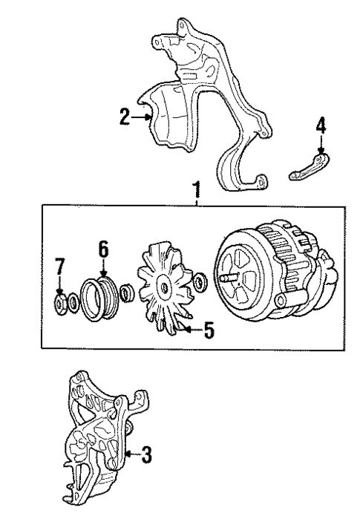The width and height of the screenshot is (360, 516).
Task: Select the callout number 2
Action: click(124, 115)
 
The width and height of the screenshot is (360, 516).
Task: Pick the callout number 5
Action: click(209, 331)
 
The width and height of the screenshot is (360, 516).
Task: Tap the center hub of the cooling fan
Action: click(163, 285)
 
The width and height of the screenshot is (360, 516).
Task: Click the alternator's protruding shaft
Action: click(227, 279)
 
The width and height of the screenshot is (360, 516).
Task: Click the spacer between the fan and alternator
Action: click(198, 282)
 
